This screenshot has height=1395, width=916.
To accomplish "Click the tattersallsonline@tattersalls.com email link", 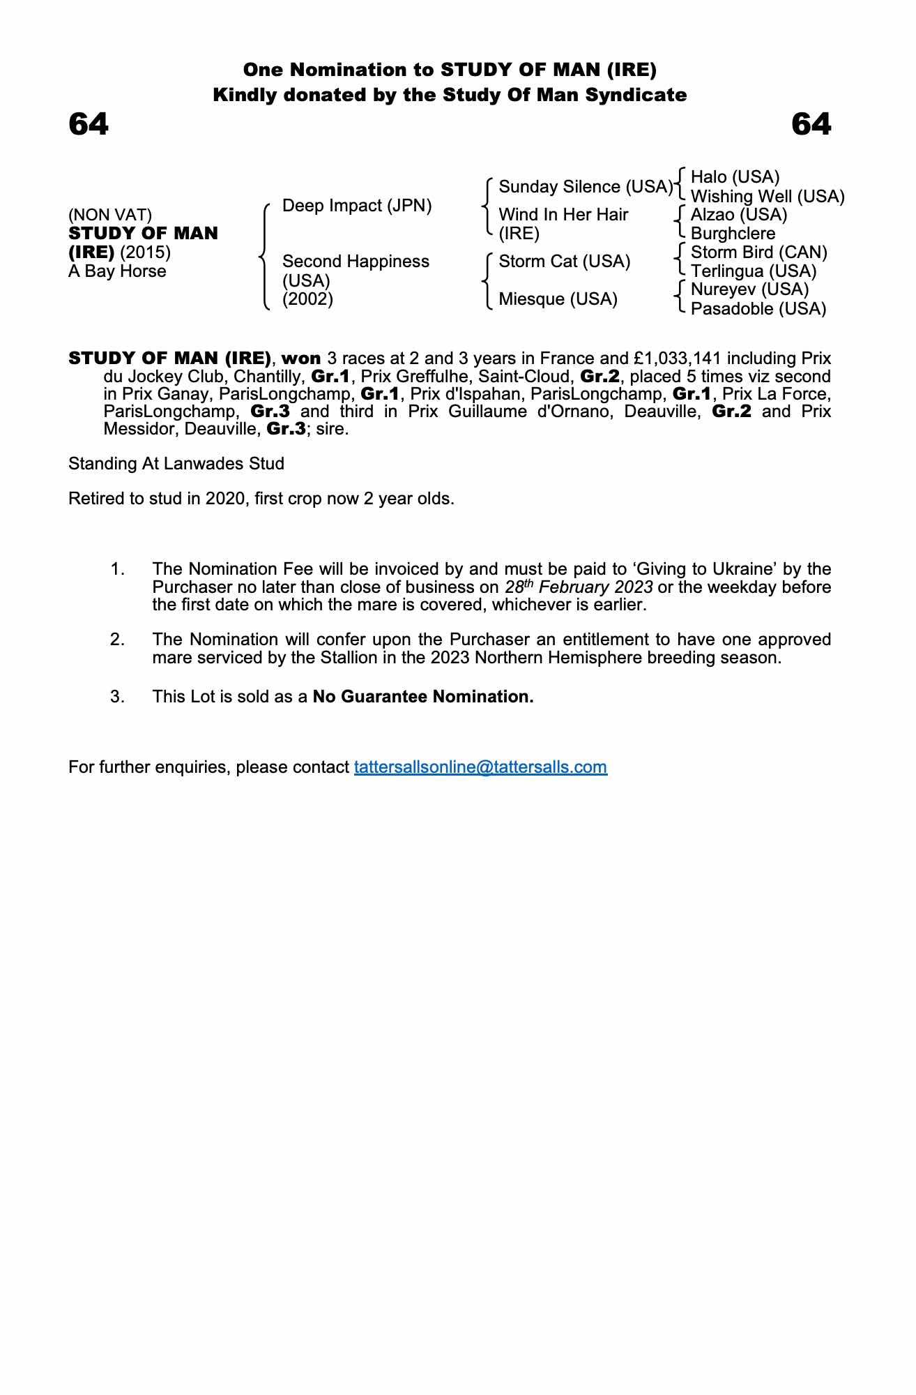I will click(x=480, y=767).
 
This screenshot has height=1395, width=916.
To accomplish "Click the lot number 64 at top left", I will click(x=89, y=125).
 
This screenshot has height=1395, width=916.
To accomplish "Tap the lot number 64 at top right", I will click(x=811, y=125).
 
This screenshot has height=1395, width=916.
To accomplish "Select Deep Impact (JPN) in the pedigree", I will click(x=357, y=206).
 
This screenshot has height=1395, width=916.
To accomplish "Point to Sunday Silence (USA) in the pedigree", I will click(x=586, y=187).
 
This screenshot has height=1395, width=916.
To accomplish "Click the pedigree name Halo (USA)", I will click(x=735, y=177).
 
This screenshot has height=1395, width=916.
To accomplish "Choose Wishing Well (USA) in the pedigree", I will click(x=768, y=197).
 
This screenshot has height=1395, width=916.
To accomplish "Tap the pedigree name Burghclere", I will click(x=733, y=234).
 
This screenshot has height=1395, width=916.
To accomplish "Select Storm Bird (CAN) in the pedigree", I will click(x=758, y=252).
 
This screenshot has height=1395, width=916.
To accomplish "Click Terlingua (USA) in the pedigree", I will click(x=754, y=271).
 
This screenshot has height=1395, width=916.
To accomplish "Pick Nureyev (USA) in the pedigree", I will click(x=749, y=289).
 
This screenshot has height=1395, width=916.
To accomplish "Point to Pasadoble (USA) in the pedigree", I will click(x=758, y=309).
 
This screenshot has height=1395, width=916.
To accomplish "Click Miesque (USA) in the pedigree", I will click(x=558, y=299).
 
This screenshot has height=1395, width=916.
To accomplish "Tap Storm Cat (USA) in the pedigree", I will click(x=564, y=262).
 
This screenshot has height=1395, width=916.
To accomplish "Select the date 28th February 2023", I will click(x=579, y=587).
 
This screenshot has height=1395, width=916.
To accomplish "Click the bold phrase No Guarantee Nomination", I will click(x=423, y=697).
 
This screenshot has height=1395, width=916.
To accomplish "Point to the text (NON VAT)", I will click(x=110, y=215).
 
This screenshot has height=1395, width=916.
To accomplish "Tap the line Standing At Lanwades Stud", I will click(x=176, y=464).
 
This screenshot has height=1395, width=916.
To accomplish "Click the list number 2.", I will click(x=118, y=640).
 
